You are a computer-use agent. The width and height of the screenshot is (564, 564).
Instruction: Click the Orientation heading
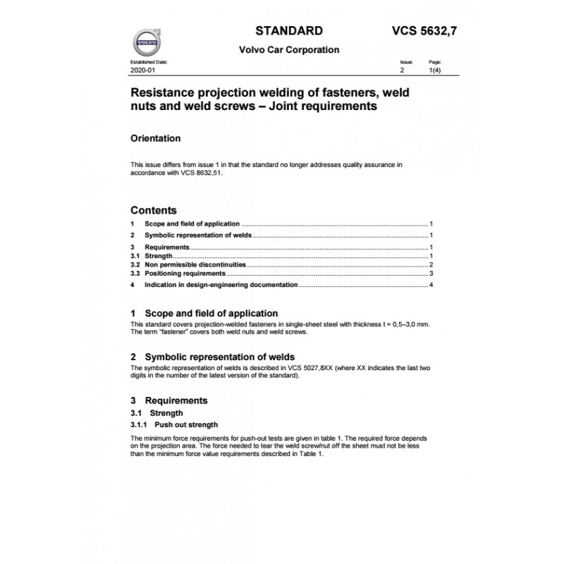point(156,138)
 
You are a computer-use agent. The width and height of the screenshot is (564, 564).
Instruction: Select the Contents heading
point(154,210)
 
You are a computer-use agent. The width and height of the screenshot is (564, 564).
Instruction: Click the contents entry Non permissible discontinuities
point(195,264)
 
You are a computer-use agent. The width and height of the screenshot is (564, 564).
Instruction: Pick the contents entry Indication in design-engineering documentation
point(221,286)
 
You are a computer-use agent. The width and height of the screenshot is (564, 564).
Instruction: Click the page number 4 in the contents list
point(430,286)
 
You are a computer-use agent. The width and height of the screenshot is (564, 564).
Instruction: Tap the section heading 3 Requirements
point(169,400)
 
